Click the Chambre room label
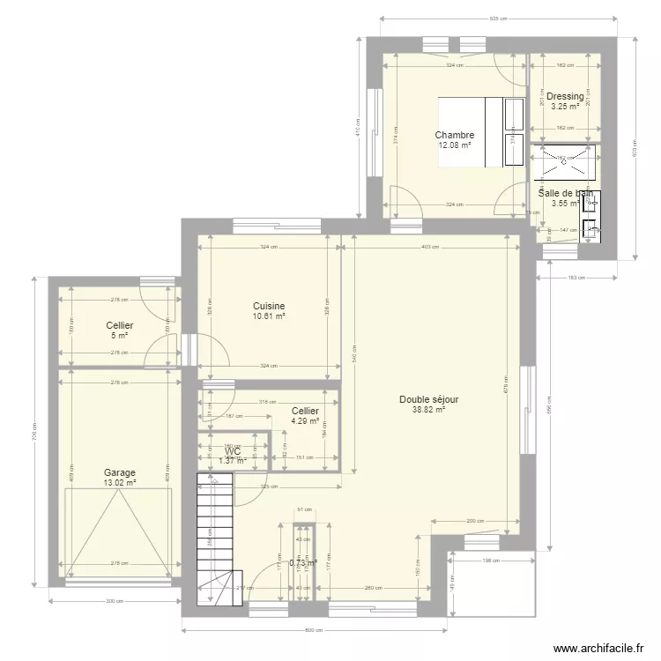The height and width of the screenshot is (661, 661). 454,136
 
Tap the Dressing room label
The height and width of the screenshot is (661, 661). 565,97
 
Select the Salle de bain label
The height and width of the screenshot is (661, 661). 565,193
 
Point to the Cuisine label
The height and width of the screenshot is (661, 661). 269,306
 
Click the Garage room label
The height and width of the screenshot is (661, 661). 119,472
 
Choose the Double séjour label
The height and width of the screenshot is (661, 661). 428,399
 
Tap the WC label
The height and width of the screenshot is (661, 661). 233,451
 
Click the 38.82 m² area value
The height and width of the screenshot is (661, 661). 428,409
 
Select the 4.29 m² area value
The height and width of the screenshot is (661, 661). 305,421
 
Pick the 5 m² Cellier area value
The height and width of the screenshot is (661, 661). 119,336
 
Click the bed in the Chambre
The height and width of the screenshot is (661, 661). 472,131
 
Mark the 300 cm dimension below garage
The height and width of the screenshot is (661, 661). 112,601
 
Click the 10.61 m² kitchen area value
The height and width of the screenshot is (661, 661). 269,316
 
